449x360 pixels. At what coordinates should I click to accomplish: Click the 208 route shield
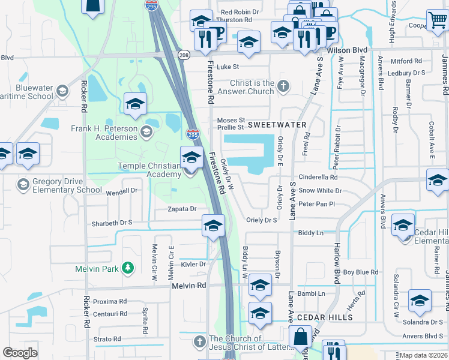pos(184,55)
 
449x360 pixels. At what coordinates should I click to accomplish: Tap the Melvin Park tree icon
pos(127,268)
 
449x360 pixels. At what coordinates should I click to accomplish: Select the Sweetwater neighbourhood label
pos(277,125)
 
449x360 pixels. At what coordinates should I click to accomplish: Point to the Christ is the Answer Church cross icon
pos(285,88)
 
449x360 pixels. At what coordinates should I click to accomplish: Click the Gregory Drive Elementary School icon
pos(23,183)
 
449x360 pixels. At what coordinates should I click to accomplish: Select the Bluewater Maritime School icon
pos(61,92)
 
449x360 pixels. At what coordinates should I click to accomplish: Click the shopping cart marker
pos(436,20)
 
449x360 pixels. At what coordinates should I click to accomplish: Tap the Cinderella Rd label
pos(318,178)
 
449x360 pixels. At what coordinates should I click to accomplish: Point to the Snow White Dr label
pos(320,191)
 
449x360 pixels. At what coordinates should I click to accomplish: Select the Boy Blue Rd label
pos(360,272)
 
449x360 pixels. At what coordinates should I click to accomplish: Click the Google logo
pos(20,353)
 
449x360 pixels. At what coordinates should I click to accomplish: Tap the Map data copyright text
pos(423,355)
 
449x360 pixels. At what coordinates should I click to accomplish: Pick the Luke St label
pos(228,67)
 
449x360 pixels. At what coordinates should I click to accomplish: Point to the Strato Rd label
pos(108,340)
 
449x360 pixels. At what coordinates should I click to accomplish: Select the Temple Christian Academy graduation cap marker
pos(191,158)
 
